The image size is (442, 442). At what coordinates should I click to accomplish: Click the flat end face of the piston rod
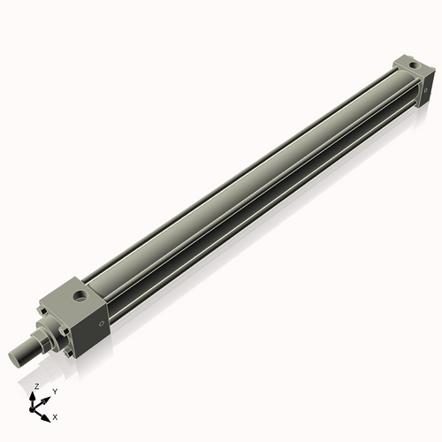pyautogui.click(x=14, y=357)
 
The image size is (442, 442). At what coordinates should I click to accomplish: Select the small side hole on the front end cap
pyautogui.click(x=102, y=324)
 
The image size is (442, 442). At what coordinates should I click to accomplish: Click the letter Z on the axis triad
pyautogui.click(x=36, y=387)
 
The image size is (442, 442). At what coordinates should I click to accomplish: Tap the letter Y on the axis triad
pyautogui.click(x=55, y=391)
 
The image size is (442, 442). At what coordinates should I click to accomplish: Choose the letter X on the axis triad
pyautogui.click(x=56, y=415)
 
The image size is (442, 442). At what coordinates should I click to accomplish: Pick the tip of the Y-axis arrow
pyautogui.click(x=47, y=397)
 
